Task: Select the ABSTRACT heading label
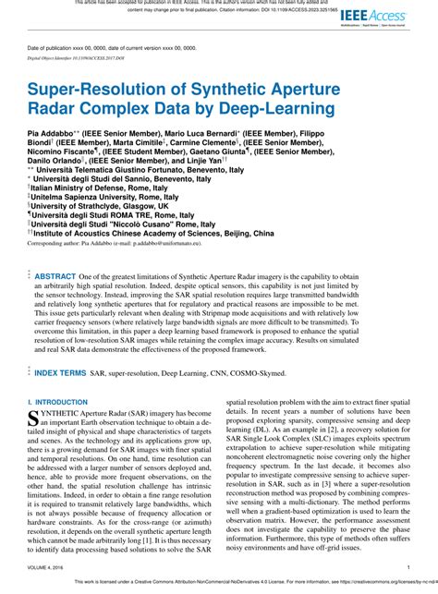click(x=55, y=276)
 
